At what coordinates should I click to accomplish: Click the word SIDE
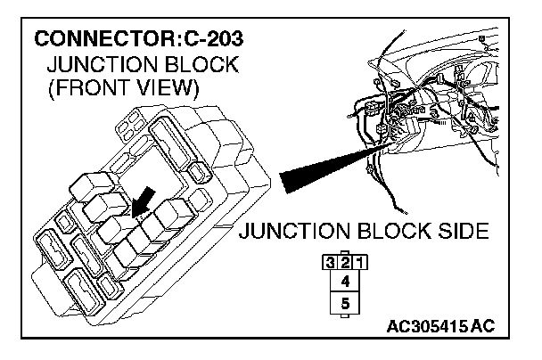459,233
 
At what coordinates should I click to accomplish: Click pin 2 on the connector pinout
345,263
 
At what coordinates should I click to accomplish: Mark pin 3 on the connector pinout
332,263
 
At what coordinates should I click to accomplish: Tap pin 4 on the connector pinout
345,282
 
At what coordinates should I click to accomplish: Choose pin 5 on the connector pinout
345,304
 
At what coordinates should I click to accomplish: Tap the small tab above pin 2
345,253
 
